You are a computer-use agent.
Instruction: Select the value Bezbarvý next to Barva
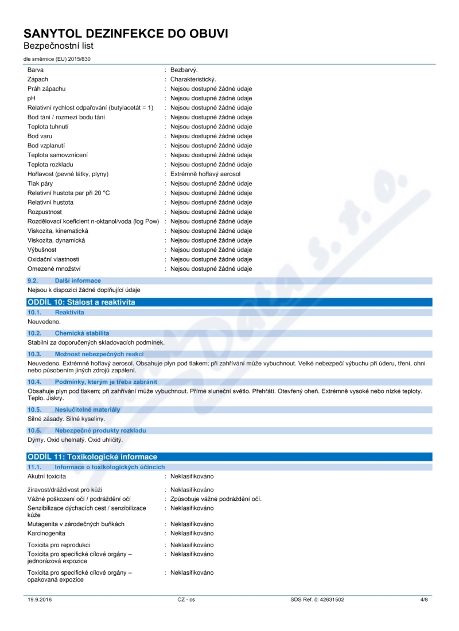184,69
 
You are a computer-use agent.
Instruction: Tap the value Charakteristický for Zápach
193,79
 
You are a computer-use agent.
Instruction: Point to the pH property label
32,98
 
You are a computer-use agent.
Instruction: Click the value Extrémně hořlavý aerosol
205,174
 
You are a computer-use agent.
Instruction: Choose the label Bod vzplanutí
48,146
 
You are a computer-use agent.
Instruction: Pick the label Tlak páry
41,184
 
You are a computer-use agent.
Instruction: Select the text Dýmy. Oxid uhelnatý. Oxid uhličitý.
75,440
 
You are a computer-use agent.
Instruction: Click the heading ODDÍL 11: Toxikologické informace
92,457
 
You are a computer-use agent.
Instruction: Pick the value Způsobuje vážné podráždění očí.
216,498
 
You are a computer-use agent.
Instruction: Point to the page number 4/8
424,599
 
